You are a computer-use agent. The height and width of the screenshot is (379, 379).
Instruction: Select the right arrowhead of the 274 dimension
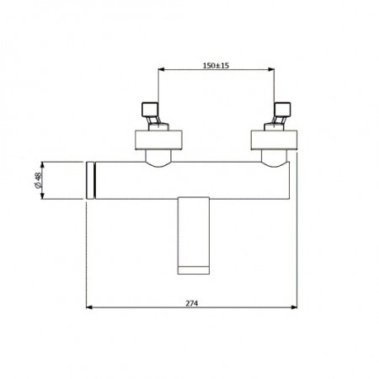click(295, 307)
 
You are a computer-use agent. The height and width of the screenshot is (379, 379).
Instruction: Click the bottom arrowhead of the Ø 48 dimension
click(41, 197)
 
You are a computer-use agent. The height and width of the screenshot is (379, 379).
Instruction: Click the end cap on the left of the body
click(92, 179)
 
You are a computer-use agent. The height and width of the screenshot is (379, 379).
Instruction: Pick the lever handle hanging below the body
click(196, 232)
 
